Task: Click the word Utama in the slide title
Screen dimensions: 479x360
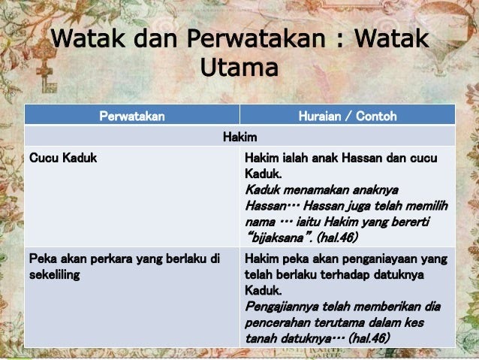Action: coord(239,67)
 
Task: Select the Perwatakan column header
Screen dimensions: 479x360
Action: coord(132,116)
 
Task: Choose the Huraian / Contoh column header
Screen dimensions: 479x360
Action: coord(348,116)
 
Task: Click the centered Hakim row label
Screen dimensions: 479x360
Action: coord(239,137)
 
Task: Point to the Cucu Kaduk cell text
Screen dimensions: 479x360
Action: coord(63,158)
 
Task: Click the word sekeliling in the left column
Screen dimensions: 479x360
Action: coord(55,274)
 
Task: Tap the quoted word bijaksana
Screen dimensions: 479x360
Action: coord(277,237)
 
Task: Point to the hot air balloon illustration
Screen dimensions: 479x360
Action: coord(443,37)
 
